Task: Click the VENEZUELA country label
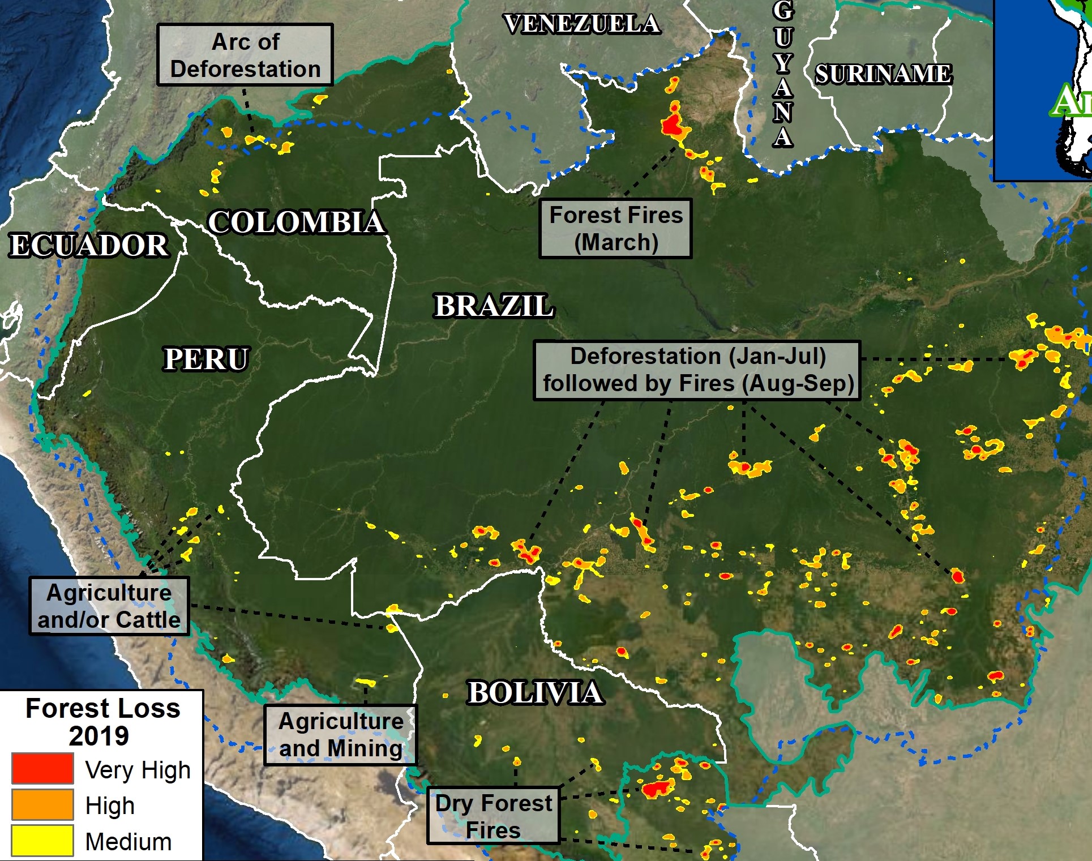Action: [x=582, y=24]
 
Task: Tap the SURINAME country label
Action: [x=883, y=74]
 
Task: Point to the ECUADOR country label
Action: [x=89, y=246]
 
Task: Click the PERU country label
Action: [x=206, y=359]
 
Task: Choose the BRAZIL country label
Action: [x=493, y=306]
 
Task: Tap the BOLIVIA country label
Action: [x=534, y=693]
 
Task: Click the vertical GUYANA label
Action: [x=783, y=74]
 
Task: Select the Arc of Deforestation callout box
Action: [x=245, y=55]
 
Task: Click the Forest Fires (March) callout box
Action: [x=615, y=229]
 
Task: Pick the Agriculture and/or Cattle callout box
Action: [x=109, y=606]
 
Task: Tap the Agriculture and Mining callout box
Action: [x=341, y=735]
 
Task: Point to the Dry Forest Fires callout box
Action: [x=493, y=816]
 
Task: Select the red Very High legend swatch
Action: [x=42, y=769]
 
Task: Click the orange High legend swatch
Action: [x=42, y=805]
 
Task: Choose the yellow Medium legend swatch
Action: [x=42, y=841]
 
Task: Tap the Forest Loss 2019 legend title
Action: [x=102, y=722]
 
